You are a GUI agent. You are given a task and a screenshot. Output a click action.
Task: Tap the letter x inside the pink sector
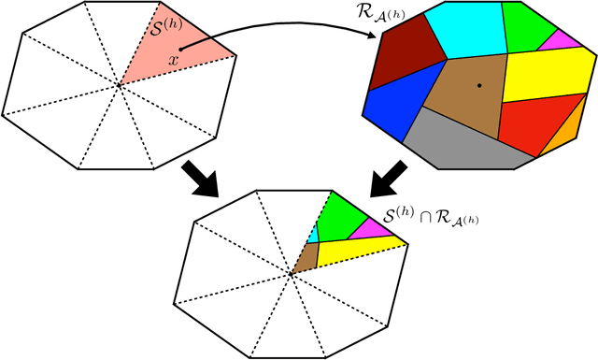tap(174, 61)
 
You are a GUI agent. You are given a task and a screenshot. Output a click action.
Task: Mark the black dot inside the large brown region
tap(479, 85)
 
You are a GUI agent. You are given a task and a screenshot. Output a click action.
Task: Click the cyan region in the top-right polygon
tap(463, 32)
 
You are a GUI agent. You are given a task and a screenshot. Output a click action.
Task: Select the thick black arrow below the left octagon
tap(200, 177)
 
